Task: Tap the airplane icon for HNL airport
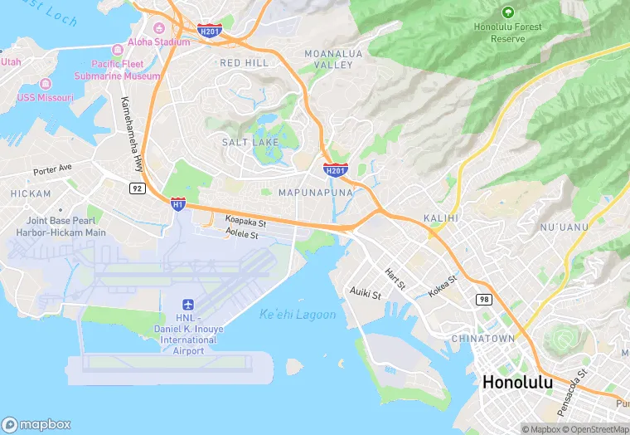187,305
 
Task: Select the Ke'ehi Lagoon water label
298,315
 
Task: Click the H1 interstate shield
177,203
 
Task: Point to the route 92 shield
137,188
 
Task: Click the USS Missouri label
46,97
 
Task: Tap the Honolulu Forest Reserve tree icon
507,12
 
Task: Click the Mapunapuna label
315,193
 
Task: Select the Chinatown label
482,339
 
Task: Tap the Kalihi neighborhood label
441,217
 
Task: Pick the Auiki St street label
365,294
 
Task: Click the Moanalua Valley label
328,59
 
